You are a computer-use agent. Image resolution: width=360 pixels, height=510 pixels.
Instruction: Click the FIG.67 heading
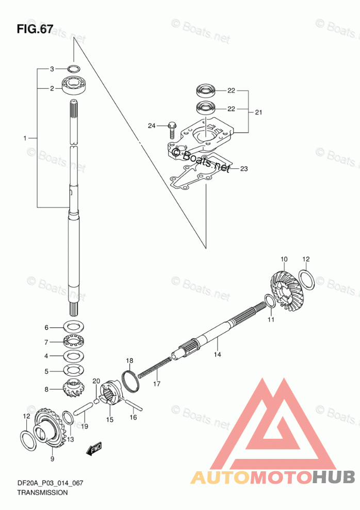[x=35, y=29]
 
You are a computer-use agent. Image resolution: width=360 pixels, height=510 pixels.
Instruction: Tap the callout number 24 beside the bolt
[x=152, y=125]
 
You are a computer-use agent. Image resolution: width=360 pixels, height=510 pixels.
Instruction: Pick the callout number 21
[x=258, y=112]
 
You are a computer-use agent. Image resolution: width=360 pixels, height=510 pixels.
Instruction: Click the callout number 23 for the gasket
[x=243, y=168]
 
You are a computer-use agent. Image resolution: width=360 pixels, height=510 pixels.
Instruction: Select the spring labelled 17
[x=155, y=366]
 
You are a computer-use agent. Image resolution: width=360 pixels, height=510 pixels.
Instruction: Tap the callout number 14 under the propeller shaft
[x=217, y=354]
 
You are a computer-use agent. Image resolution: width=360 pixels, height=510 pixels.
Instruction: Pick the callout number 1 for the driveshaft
[x=25, y=138]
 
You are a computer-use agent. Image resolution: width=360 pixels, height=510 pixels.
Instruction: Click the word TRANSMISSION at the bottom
[x=42, y=492]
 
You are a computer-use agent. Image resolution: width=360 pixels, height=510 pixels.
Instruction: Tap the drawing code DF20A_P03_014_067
[x=50, y=483]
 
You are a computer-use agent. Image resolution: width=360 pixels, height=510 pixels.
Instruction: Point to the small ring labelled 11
[x=270, y=301]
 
